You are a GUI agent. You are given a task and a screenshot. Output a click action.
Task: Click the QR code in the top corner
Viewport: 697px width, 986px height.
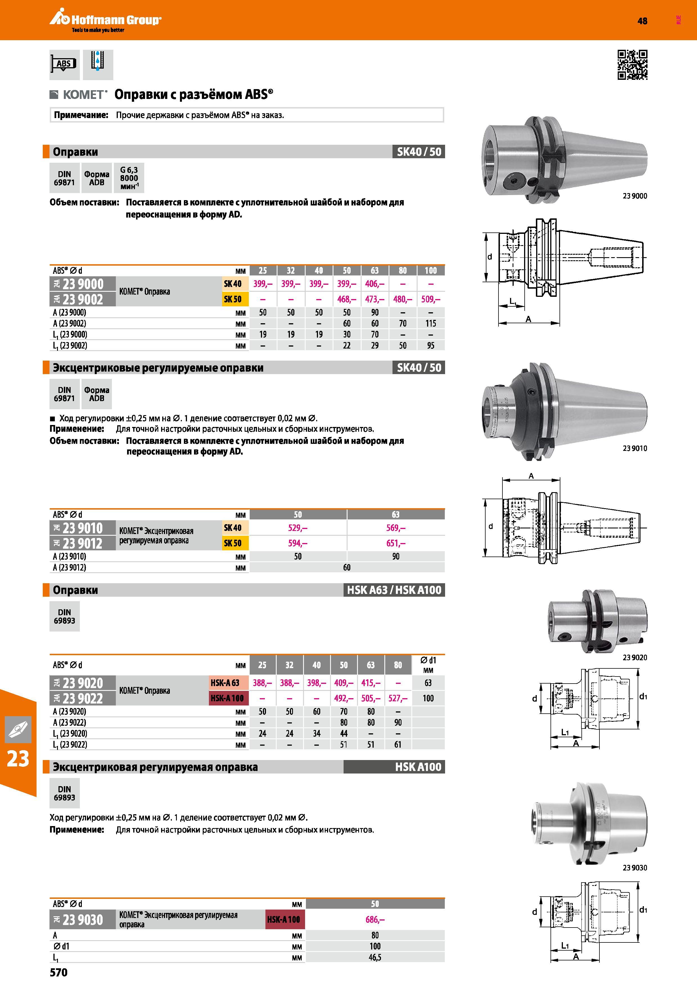[632, 65]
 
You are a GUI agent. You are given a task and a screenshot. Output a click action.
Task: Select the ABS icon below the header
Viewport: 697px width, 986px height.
[64, 64]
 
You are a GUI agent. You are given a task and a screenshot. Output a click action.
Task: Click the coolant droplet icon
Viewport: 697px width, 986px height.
[98, 64]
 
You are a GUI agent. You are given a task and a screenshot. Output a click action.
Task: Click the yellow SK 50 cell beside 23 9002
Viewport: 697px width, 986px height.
[232, 299]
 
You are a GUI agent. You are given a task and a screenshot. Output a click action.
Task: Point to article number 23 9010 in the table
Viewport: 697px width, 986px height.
[82, 528]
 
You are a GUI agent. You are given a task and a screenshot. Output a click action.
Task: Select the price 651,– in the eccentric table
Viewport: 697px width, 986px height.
[396, 543]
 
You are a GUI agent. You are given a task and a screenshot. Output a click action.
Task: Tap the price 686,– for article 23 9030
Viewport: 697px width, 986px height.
[375, 919]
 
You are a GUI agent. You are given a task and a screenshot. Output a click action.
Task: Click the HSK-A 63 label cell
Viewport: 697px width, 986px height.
[225, 683]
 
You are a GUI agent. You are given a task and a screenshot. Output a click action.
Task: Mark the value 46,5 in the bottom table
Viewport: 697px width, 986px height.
[375, 957]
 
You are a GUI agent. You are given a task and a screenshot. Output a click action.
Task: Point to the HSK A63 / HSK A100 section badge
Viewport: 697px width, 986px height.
[394, 590]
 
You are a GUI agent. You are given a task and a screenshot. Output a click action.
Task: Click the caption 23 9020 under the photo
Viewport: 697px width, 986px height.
[635, 657]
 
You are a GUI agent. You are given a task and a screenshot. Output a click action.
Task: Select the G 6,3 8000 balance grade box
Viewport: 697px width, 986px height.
[129, 178]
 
